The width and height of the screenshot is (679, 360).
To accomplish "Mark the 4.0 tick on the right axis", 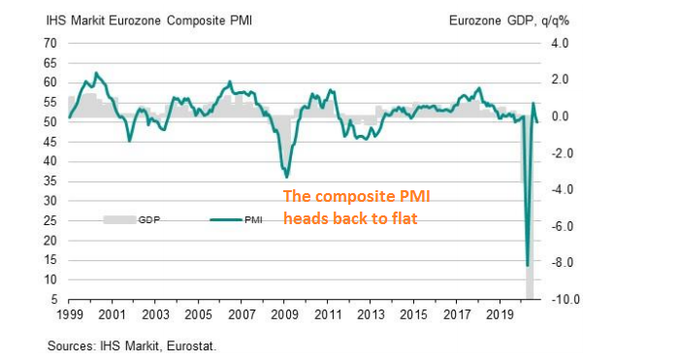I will point(565,44).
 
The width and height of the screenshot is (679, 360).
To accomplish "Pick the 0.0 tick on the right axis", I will point(565,116).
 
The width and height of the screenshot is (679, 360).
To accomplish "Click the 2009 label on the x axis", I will point(284,315).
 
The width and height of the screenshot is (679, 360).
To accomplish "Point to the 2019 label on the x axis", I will point(500,315).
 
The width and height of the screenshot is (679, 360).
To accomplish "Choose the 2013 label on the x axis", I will point(371,315).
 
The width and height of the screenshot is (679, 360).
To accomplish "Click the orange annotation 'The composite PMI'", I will point(356,197).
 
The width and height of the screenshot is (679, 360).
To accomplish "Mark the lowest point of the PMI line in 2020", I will point(527,265).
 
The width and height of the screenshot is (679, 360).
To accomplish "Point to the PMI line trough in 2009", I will point(286,178).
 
